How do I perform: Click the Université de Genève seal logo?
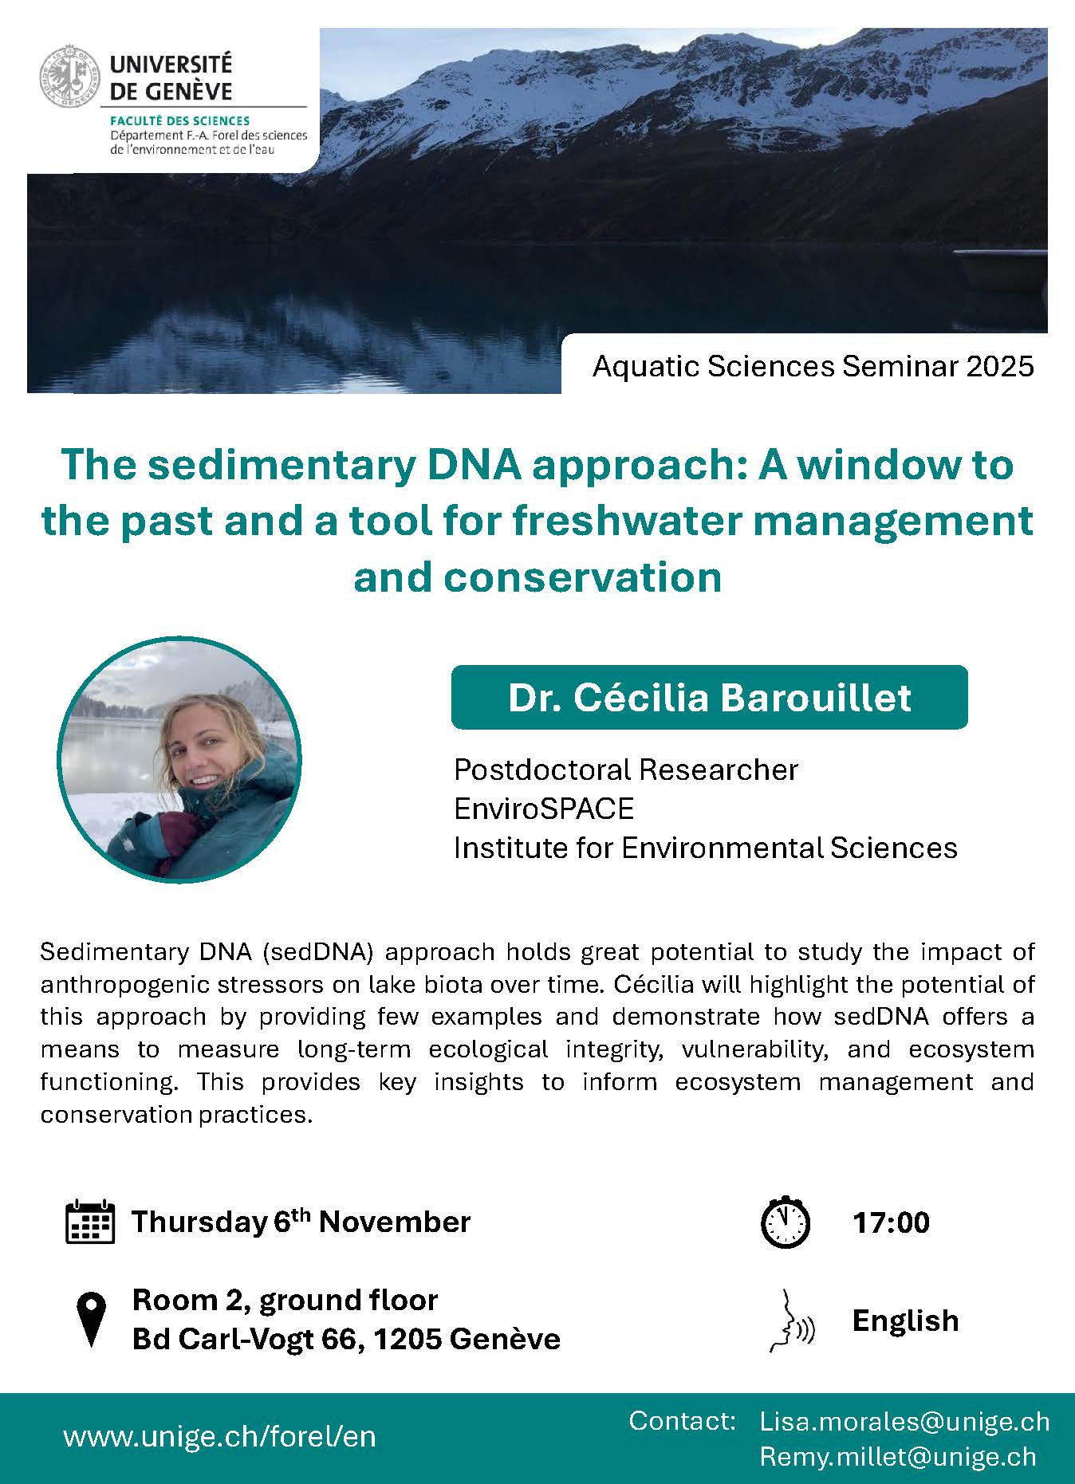pyautogui.click(x=71, y=77)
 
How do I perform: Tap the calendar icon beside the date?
pyautogui.click(x=89, y=1222)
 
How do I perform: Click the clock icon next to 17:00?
pyautogui.click(x=786, y=1221)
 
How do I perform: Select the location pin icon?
pyautogui.click(x=91, y=1319)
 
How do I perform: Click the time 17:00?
pyautogui.click(x=891, y=1222)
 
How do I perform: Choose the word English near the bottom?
pyautogui.click(x=905, y=1321)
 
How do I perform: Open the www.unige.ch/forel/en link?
pyautogui.click(x=219, y=1436)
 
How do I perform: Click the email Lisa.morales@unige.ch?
pyautogui.click(x=904, y=1421)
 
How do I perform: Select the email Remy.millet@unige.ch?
pyautogui.click(x=898, y=1457)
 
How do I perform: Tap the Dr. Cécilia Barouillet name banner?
pyautogui.click(x=709, y=698)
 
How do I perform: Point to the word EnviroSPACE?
pyautogui.click(x=544, y=809)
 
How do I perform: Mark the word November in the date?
pyautogui.click(x=395, y=1222)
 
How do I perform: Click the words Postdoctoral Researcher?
pyautogui.click(x=626, y=770)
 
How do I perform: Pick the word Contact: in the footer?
pyautogui.click(x=682, y=1420)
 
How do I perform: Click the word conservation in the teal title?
pyautogui.click(x=583, y=577)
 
